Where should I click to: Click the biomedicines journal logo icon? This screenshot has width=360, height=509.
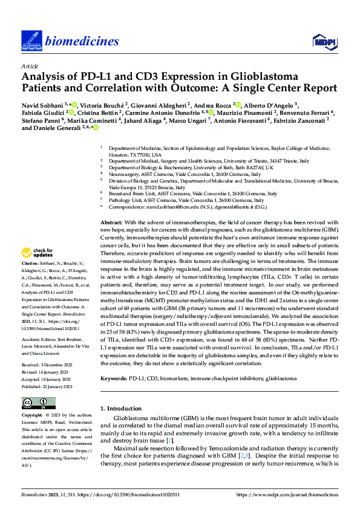point(32,40)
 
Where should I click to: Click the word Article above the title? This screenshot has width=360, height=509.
point(30,66)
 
